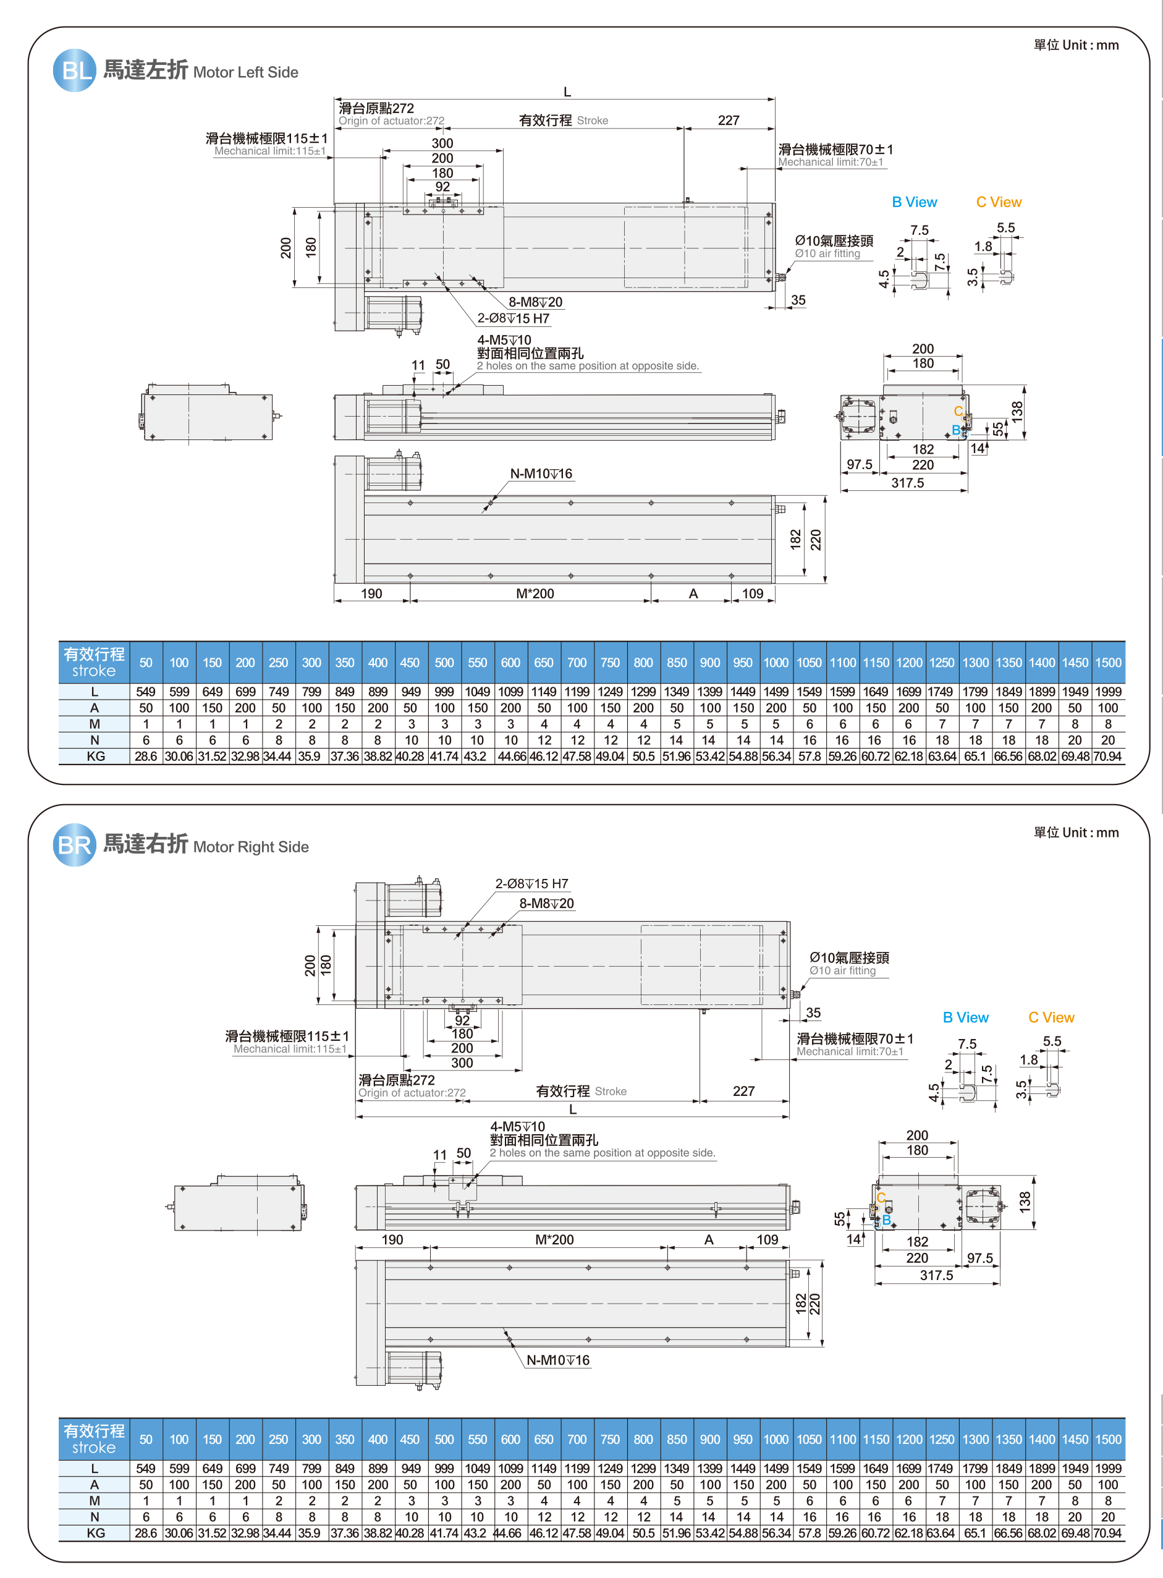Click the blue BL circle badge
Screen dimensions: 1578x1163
pos(75,70)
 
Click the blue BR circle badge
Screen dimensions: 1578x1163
pos(75,844)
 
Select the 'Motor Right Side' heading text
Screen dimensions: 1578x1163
pos(251,846)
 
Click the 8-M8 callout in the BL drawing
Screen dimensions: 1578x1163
pos(535,302)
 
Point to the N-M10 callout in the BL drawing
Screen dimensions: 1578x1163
pos(541,474)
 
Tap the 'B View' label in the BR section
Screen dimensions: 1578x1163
pos(965,1017)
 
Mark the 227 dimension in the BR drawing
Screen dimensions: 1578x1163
pos(743,1092)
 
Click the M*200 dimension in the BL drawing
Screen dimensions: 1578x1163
pos(535,593)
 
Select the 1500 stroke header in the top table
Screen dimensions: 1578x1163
pos(1108,663)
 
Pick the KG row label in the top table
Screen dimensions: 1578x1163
pos(95,757)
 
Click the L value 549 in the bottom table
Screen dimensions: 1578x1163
pos(146,1468)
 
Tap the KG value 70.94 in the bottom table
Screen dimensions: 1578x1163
pos(1107,1533)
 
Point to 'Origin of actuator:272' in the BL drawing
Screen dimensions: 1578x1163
pos(391,121)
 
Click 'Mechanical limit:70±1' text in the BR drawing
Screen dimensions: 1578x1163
pos(850,1051)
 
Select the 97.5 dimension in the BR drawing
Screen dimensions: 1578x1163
pos(980,1258)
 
